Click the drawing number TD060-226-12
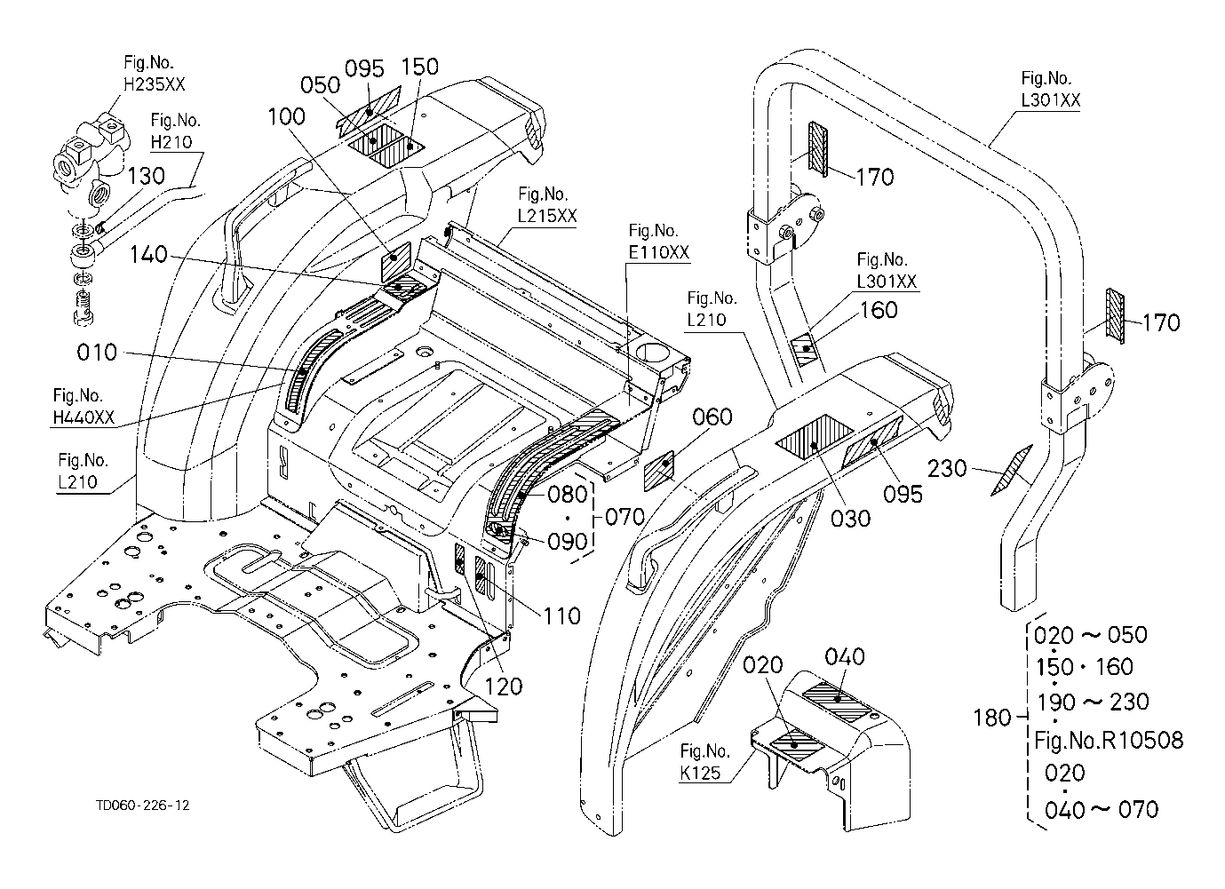click(x=143, y=805)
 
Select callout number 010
click(x=97, y=352)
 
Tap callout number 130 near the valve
click(x=146, y=176)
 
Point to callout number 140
click(x=148, y=254)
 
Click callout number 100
click(x=286, y=116)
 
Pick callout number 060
click(x=712, y=417)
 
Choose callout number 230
click(x=947, y=469)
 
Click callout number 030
click(x=850, y=519)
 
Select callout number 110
click(x=561, y=616)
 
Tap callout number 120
click(x=504, y=687)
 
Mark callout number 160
click(x=879, y=310)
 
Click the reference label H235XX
click(x=155, y=84)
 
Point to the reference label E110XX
click(x=658, y=252)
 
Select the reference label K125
click(x=701, y=773)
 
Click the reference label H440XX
click(x=84, y=417)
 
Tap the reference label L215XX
click(x=547, y=216)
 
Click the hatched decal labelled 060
click(x=659, y=470)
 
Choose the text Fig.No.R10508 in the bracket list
click(x=1109, y=741)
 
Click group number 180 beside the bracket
click(x=992, y=718)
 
